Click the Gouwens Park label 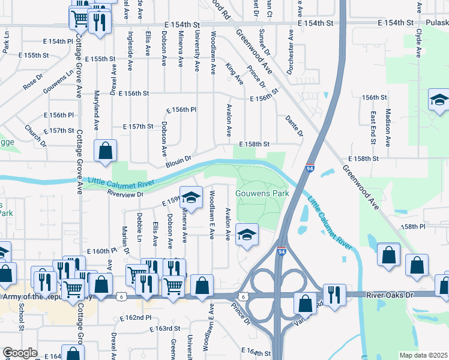(262, 193)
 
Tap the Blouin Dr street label (178, 161)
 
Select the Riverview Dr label (125, 194)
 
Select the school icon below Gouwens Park (246, 235)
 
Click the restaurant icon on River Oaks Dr (334, 294)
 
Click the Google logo (20, 353)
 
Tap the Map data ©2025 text (423, 355)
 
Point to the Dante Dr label (294, 125)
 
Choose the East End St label (373, 128)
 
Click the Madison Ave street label (388, 128)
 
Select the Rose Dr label (34, 82)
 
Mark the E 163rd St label (165, 328)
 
